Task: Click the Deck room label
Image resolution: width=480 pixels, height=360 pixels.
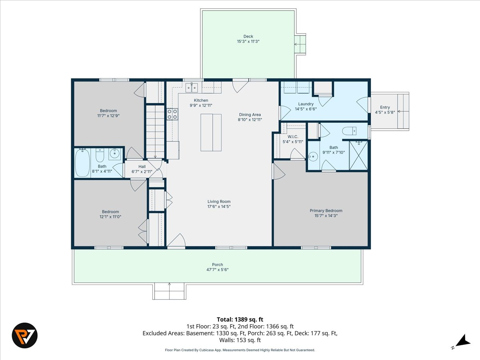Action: click(248, 36)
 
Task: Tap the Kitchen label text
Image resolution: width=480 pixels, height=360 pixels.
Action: click(201, 100)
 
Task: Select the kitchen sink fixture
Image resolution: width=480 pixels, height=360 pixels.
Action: click(192, 88)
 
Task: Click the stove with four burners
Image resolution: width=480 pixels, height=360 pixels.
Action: click(172, 114)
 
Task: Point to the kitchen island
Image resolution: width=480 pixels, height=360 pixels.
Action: click(211, 132)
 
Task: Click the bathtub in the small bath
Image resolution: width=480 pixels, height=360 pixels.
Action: click(82, 163)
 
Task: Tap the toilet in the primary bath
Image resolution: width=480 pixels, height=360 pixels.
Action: click(349, 131)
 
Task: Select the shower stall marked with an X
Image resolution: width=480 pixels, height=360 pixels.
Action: click(358, 156)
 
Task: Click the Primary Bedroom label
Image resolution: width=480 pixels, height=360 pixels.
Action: click(326, 211)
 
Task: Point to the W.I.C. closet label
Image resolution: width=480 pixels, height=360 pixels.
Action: click(293, 137)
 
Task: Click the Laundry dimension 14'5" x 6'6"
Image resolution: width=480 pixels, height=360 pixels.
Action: click(306, 109)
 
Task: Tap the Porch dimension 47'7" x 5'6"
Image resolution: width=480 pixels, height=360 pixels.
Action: click(217, 270)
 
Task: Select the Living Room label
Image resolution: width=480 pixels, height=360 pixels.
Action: click(219, 202)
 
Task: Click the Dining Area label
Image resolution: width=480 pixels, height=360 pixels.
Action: click(250, 114)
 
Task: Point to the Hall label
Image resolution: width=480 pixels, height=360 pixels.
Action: click(142, 166)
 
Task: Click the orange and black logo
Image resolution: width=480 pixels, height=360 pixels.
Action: click(25, 335)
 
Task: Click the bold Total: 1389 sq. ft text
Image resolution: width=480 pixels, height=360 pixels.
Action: click(240, 320)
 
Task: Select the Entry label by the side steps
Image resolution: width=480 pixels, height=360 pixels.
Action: click(385, 107)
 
